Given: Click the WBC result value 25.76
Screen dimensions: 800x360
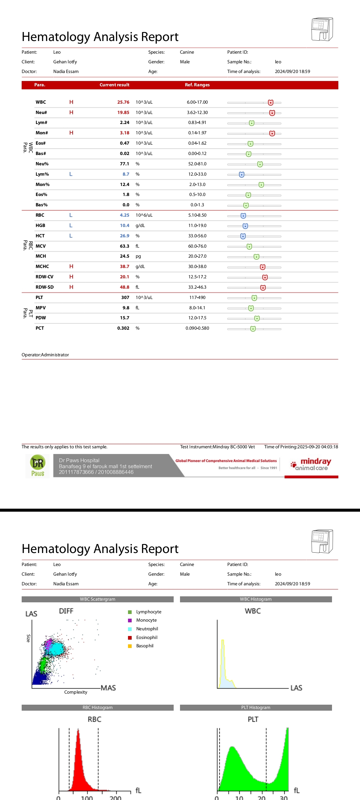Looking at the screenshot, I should click(123, 102).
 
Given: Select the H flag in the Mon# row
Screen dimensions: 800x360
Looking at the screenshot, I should click(71, 133).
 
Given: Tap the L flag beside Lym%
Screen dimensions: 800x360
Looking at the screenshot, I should click(71, 174).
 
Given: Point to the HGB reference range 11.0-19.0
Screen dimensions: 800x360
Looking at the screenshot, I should click(197, 226).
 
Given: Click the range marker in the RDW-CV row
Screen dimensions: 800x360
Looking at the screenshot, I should click(265, 277).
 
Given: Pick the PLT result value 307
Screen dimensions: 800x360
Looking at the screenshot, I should click(125, 298).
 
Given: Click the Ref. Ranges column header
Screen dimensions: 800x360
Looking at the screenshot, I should click(197, 85).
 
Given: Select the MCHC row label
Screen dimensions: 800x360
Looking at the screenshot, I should click(42, 267).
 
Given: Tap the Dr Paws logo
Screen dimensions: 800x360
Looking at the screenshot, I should click(38, 466).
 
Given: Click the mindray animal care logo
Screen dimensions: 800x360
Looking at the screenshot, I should click(311, 464).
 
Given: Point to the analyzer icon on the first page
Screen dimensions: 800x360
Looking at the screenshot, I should click(322, 29).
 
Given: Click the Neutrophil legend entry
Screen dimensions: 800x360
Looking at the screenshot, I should click(147, 629).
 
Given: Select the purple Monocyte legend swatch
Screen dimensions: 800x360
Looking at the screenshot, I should click(130, 620).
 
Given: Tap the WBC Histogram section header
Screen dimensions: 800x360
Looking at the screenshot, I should click(256, 599).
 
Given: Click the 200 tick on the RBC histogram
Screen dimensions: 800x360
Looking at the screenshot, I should click(115, 798).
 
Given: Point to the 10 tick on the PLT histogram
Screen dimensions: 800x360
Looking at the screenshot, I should click(239, 798).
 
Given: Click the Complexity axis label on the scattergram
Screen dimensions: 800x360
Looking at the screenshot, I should click(76, 692).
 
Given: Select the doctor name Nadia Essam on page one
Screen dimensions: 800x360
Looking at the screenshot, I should click(66, 72).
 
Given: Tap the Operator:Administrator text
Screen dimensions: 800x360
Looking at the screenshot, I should click(45, 355).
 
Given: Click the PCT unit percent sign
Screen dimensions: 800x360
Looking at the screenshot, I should click(138, 328).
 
